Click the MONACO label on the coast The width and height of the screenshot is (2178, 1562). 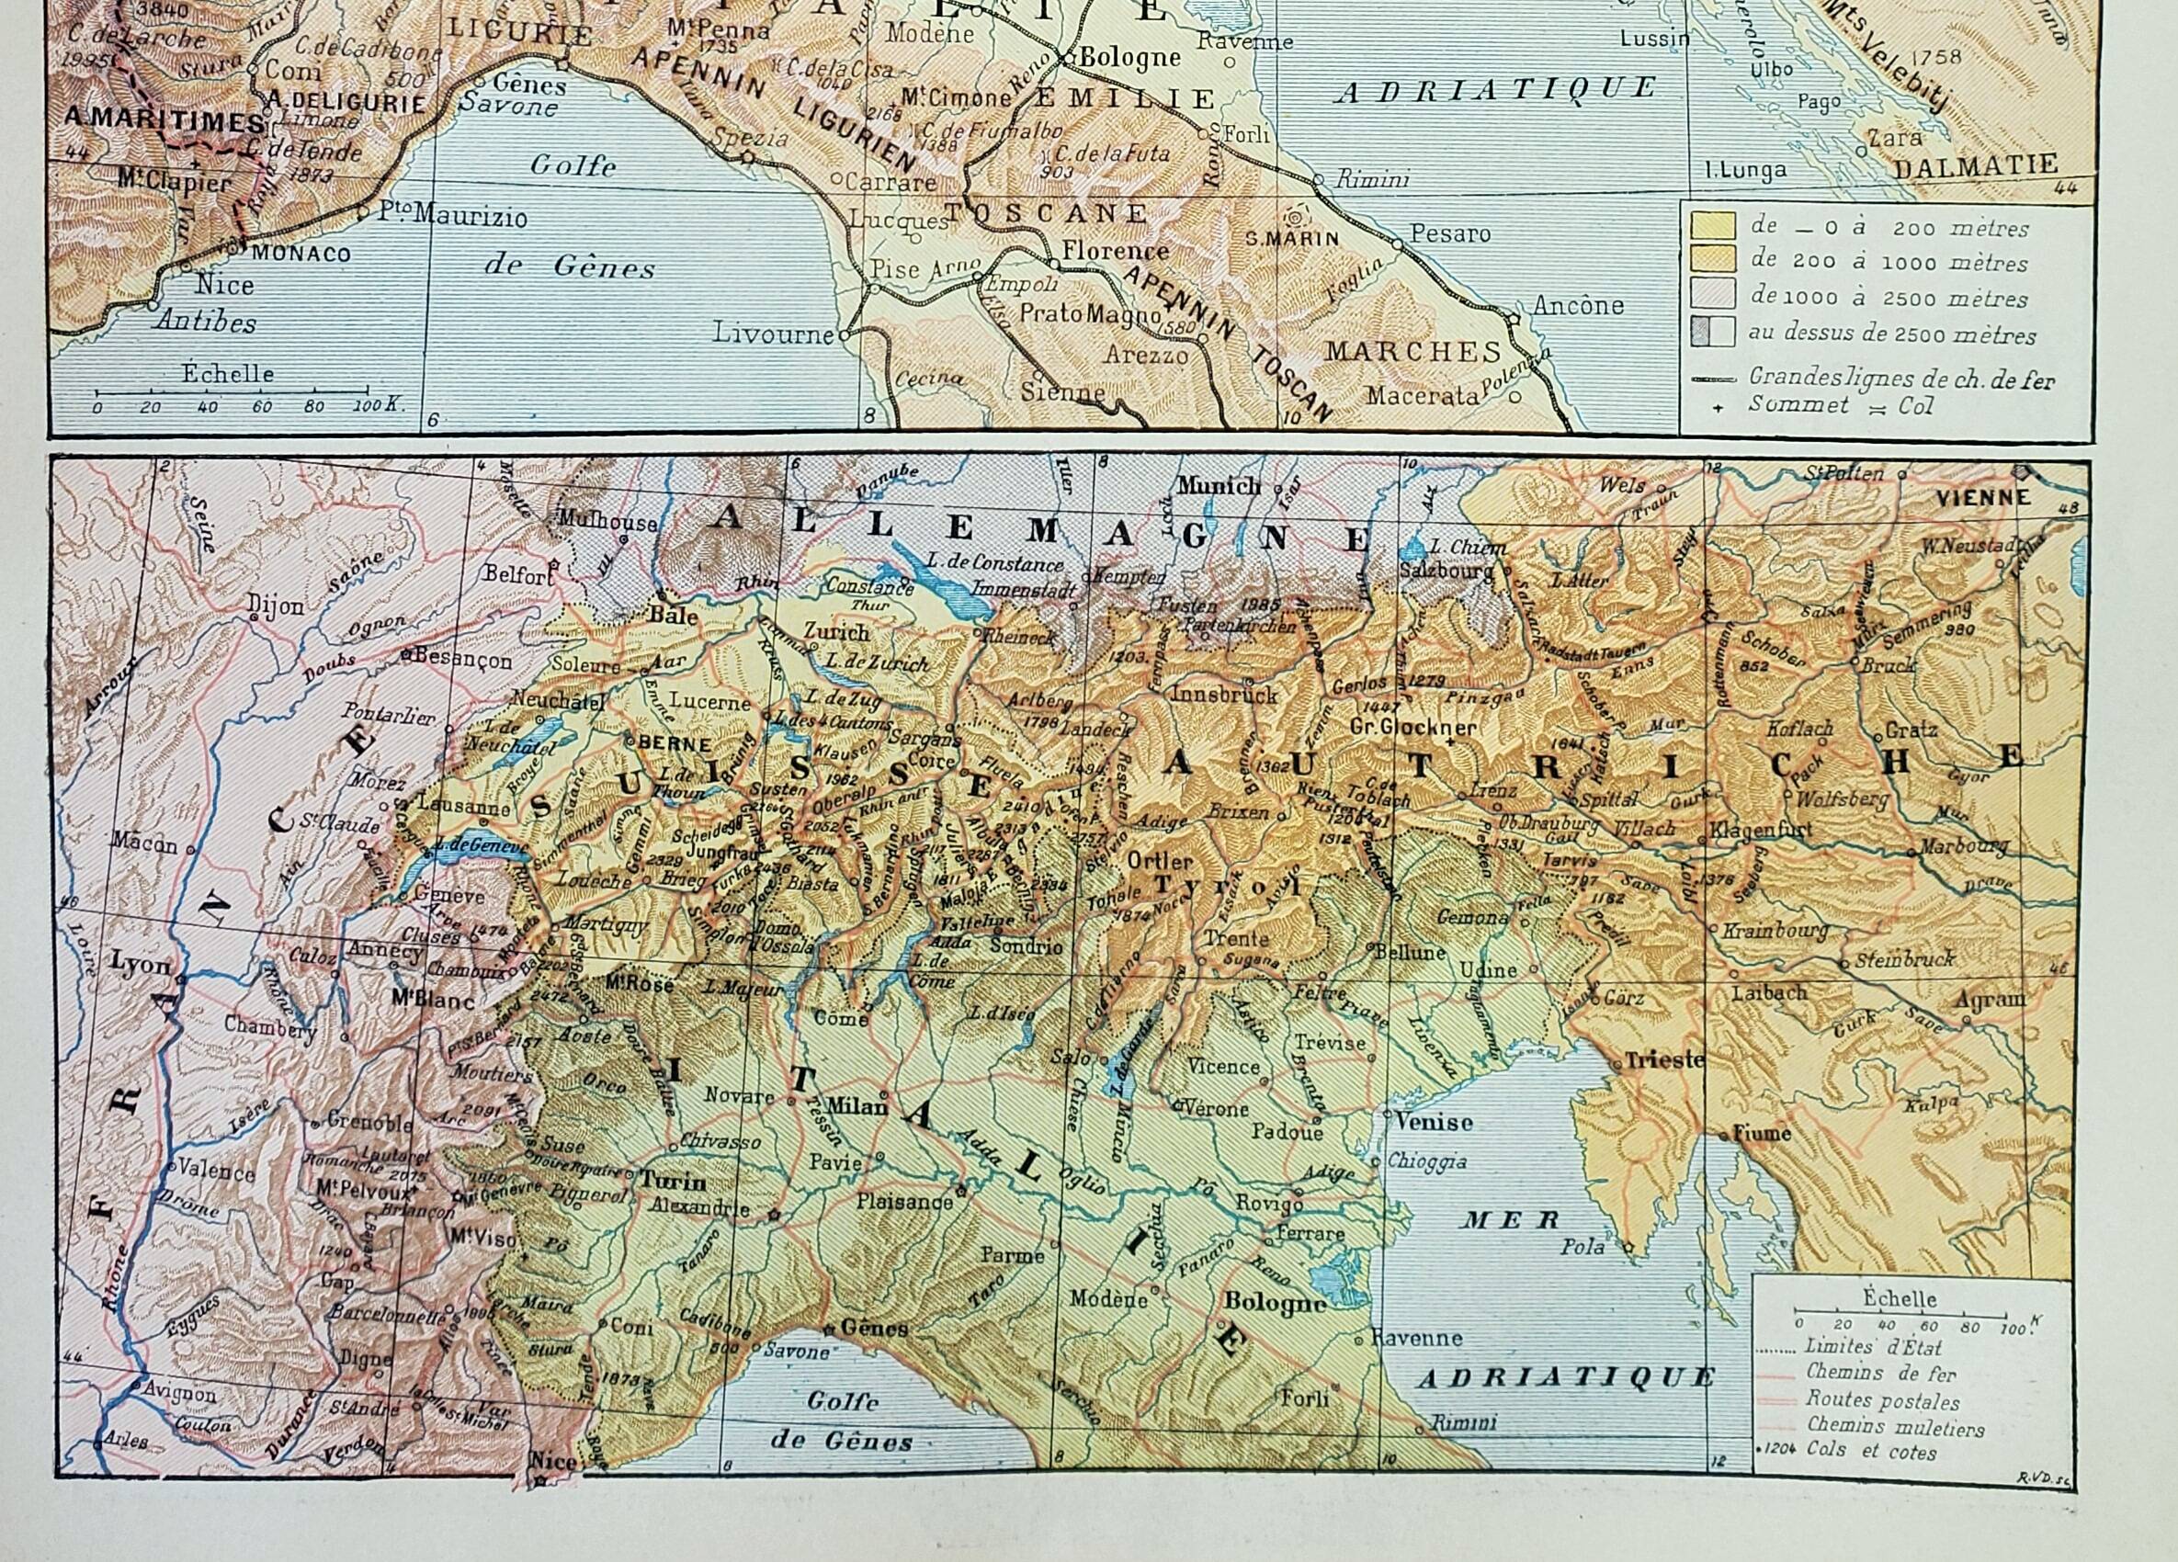coord(301,255)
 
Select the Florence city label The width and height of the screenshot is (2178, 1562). coord(1114,252)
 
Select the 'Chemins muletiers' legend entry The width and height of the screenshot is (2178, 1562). coord(1881,1428)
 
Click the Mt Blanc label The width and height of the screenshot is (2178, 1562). coord(434,1001)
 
